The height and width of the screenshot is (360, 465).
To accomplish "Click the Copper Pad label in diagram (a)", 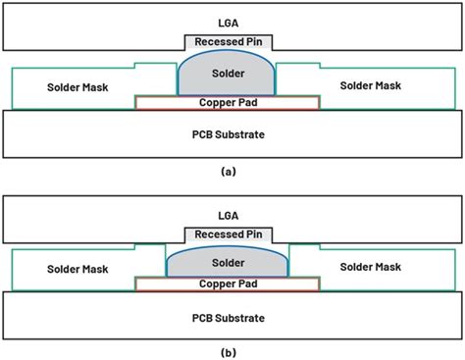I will (x=228, y=102).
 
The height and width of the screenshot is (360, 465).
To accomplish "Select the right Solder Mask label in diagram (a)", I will (x=370, y=88).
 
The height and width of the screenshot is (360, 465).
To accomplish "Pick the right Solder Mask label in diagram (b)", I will (x=370, y=267).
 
